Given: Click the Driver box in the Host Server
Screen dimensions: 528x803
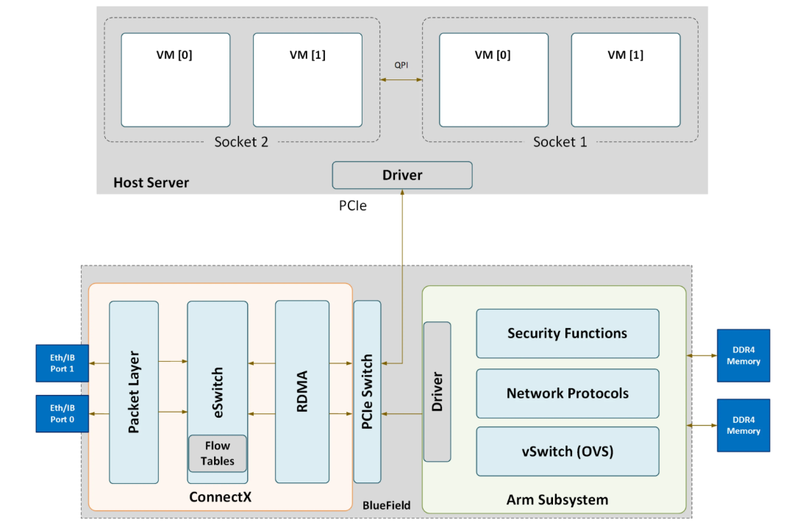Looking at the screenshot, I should click(402, 175).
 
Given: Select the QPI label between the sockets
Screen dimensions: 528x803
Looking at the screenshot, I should click(401, 65).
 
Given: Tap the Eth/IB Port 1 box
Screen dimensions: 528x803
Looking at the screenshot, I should click(63, 363).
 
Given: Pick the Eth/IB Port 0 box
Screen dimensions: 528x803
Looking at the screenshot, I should click(63, 414).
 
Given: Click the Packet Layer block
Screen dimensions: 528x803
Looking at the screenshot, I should click(134, 391).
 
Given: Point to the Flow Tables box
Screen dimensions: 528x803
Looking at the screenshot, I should click(218, 453).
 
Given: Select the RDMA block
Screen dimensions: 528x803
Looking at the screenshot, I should click(301, 391).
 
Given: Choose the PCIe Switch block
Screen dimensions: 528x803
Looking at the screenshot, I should click(367, 391).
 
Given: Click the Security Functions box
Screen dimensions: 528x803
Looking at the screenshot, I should click(567, 333).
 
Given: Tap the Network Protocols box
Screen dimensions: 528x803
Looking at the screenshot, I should click(567, 393).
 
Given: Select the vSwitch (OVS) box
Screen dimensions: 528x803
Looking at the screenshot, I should click(567, 451).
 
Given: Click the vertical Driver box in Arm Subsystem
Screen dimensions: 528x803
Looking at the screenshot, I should click(438, 391).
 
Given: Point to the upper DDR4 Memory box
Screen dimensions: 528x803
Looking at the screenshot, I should click(743, 355).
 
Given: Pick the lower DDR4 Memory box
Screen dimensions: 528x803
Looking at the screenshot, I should click(743, 425).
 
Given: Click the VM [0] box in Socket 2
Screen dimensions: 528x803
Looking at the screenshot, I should click(175, 79).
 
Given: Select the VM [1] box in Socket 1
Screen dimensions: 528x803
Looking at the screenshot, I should click(625, 79).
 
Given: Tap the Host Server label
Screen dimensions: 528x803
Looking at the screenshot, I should click(151, 182).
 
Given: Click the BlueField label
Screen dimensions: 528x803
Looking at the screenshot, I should click(386, 505).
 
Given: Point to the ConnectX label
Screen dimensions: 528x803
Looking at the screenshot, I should click(220, 497).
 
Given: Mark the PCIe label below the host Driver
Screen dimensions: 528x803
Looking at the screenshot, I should click(353, 206).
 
